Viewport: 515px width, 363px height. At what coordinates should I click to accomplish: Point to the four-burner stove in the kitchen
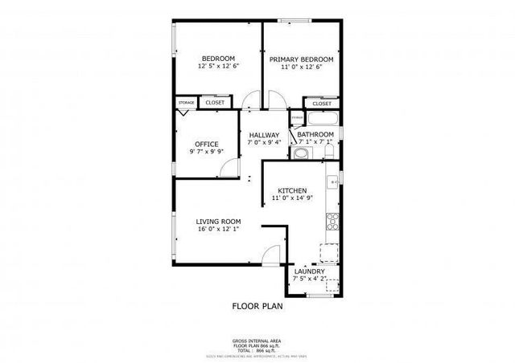331,220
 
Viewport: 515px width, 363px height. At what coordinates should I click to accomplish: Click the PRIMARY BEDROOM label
301,59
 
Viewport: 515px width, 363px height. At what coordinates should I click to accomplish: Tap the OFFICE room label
206,144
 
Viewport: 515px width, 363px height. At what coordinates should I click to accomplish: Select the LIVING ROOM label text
219,221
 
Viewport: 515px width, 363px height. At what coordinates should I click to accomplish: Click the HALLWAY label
264,135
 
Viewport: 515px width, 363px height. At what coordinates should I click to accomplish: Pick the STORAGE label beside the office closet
187,103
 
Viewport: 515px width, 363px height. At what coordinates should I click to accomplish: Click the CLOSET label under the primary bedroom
322,104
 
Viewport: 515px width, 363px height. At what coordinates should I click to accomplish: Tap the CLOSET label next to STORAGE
215,103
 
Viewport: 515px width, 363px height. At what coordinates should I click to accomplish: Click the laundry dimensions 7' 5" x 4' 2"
309,280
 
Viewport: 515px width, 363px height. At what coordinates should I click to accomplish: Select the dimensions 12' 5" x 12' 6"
217,67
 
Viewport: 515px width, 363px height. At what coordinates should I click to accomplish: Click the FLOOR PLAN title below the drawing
257,305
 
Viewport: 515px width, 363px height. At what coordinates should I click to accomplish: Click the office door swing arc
231,165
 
